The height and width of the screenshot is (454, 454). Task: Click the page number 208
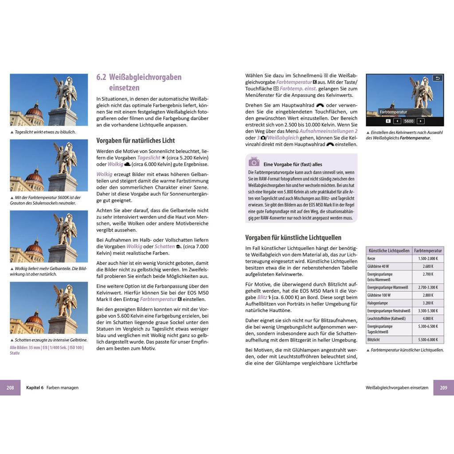click(10, 387)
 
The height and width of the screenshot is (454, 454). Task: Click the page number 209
click(443, 387)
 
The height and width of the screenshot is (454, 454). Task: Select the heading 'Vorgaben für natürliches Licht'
click(136, 141)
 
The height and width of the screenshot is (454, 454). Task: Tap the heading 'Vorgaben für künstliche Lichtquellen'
click(293, 237)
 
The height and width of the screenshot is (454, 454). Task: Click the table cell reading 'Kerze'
click(372, 258)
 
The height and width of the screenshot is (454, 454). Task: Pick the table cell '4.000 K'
click(428, 318)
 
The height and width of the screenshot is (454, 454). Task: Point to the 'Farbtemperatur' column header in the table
click(428, 250)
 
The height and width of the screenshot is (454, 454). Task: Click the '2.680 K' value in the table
click(428, 266)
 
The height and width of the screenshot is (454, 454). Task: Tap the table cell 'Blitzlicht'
click(374, 340)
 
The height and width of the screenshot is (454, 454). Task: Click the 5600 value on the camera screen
click(408, 121)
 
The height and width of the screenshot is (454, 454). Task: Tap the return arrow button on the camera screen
click(437, 78)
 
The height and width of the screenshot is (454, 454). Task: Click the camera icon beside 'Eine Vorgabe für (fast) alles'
click(254, 162)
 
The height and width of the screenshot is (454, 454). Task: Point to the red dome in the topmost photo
click(35, 110)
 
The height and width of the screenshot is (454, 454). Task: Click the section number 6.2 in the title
click(102, 77)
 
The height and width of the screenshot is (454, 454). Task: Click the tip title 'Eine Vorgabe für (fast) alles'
click(293, 164)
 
